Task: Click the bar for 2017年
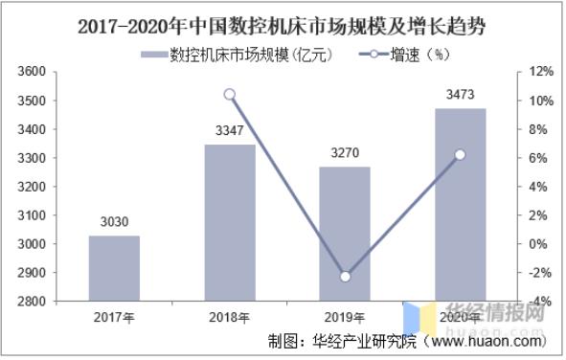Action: [x=115, y=269]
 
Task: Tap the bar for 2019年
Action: [x=344, y=235]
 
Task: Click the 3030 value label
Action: [x=115, y=222]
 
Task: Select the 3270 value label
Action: [x=344, y=152]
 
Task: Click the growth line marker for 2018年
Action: [x=230, y=94]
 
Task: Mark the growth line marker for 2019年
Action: [x=345, y=277]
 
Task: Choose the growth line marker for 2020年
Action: [x=460, y=154]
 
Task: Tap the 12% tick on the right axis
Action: [x=539, y=72]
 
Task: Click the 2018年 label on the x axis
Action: [x=230, y=317]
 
